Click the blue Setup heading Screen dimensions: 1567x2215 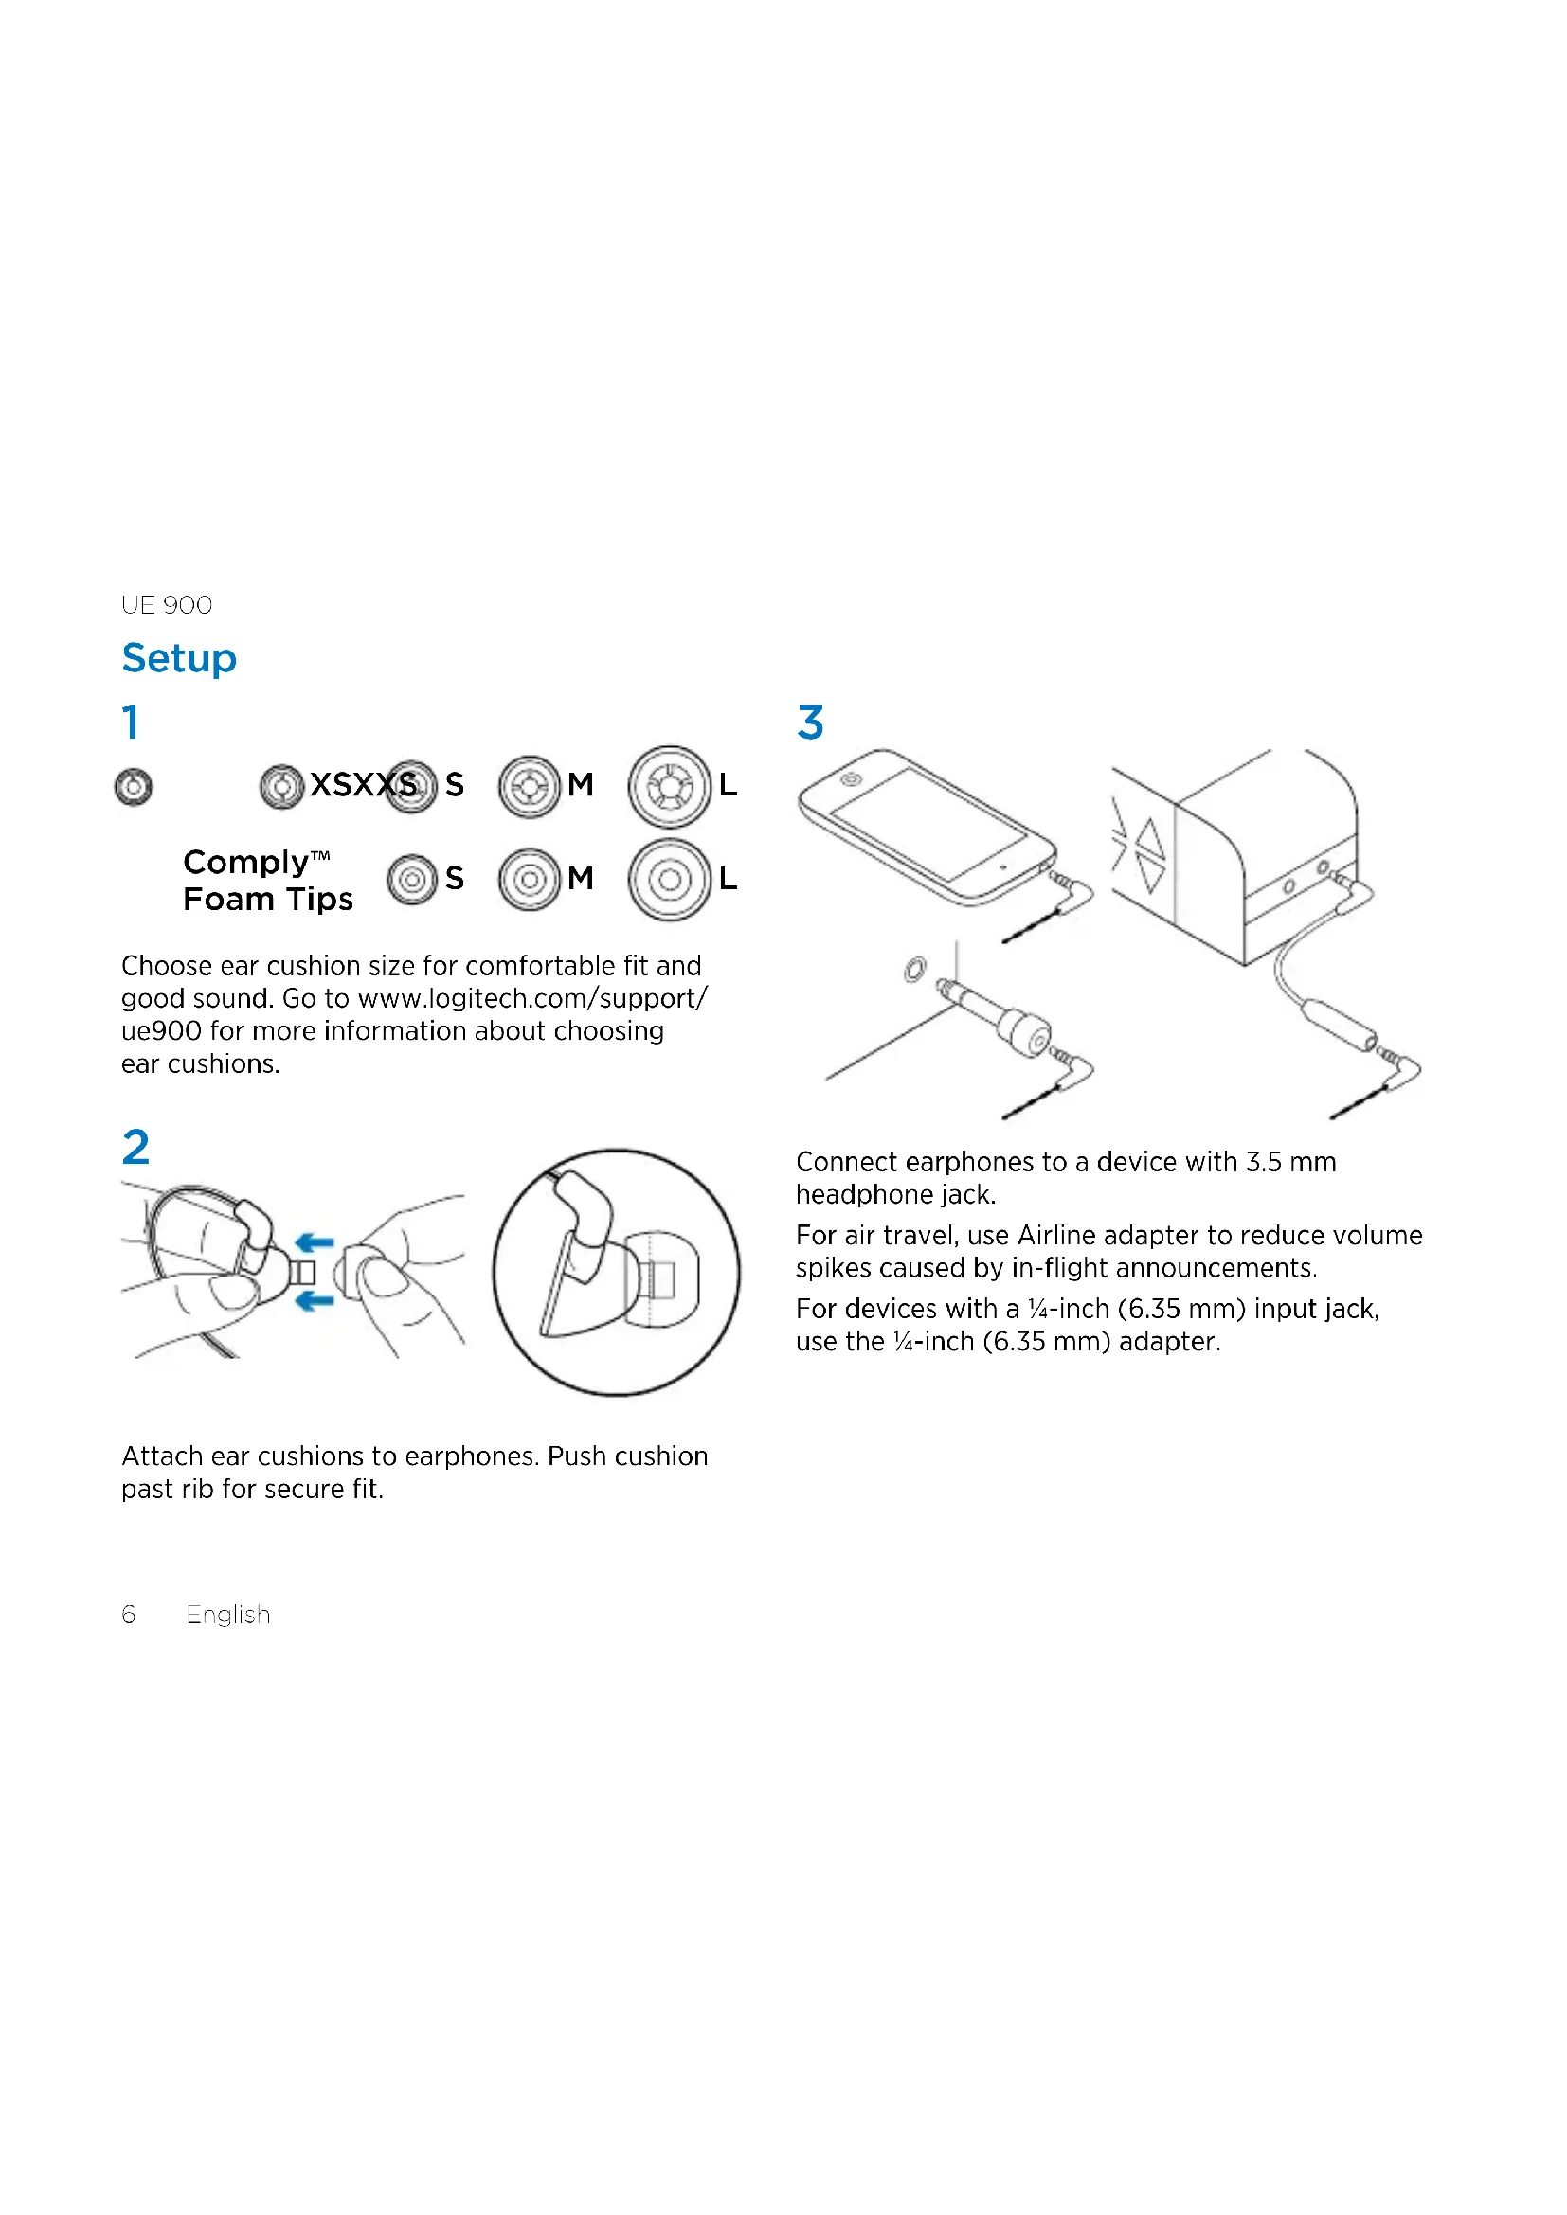tap(178, 659)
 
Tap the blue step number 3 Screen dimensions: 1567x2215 tap(811, 722)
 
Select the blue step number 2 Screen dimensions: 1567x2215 tap(136, 1146)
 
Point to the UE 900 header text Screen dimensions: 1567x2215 tap(166, 605)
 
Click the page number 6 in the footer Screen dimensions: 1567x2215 tap(128, 1614)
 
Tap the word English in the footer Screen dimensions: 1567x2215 tap(227, 1615)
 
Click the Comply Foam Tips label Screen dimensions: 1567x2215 tap(267, 880)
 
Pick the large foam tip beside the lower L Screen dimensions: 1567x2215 tap(670, 879)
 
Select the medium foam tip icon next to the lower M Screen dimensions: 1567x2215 tap(530, 879)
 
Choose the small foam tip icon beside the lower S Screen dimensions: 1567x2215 tap(412, 879)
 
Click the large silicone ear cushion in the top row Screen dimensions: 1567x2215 tap(670, 786)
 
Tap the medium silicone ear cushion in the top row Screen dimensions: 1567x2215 tap(530, 786)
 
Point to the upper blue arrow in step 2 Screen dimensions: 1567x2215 tap(315, 1241)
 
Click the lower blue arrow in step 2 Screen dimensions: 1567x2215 tap(315, 1301)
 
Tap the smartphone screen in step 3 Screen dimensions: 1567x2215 tap(928, 823)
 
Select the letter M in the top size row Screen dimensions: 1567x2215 tap(581, 785)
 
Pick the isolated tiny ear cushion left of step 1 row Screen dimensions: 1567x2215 tap(134, 787)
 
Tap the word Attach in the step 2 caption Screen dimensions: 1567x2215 tap(162, 1456)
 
